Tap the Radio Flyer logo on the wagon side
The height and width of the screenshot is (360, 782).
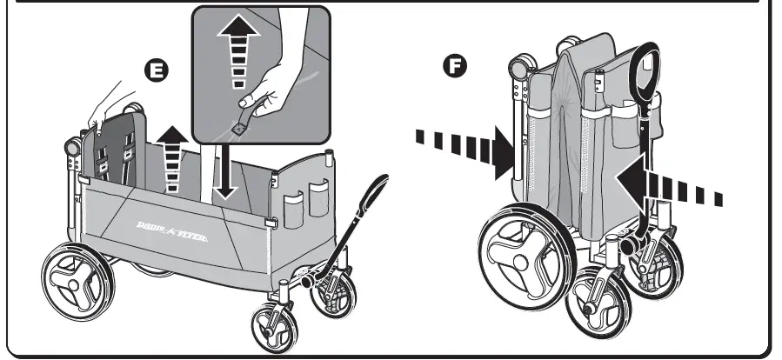point(170,231)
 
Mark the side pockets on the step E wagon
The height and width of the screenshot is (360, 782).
point(305,199)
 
